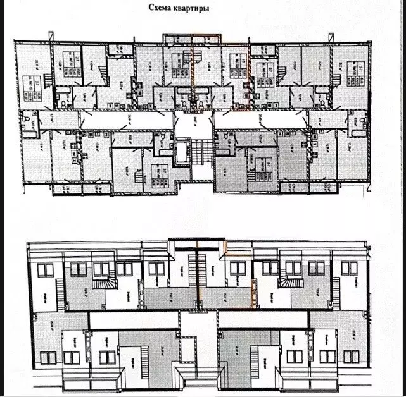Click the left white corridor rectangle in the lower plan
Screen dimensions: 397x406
[133, 319]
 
